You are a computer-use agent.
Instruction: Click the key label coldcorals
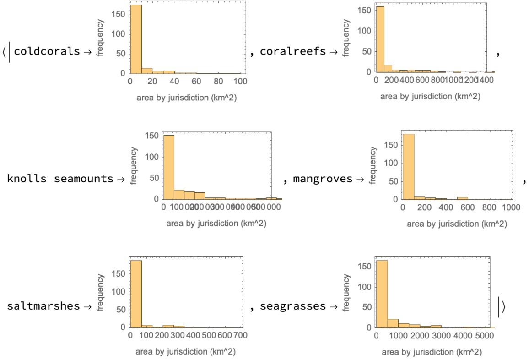click(x=47, y=51)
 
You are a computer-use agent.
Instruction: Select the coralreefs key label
click(x=293, y=51)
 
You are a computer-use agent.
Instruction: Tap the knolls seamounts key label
click(x=60, y=179)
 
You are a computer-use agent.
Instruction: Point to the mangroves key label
click(x=323, y=179)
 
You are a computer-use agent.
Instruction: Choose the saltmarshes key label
click(x=43, y=306)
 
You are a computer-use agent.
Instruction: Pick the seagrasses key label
click(x=293, y=306)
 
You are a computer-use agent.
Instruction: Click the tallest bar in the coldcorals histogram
click(x=136, y=39)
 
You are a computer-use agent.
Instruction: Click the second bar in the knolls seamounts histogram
click(x=179, y=194)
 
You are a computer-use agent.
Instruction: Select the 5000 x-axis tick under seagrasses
click(x=484, y=335)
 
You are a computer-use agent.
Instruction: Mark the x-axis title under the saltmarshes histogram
click(x=186, y=352)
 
